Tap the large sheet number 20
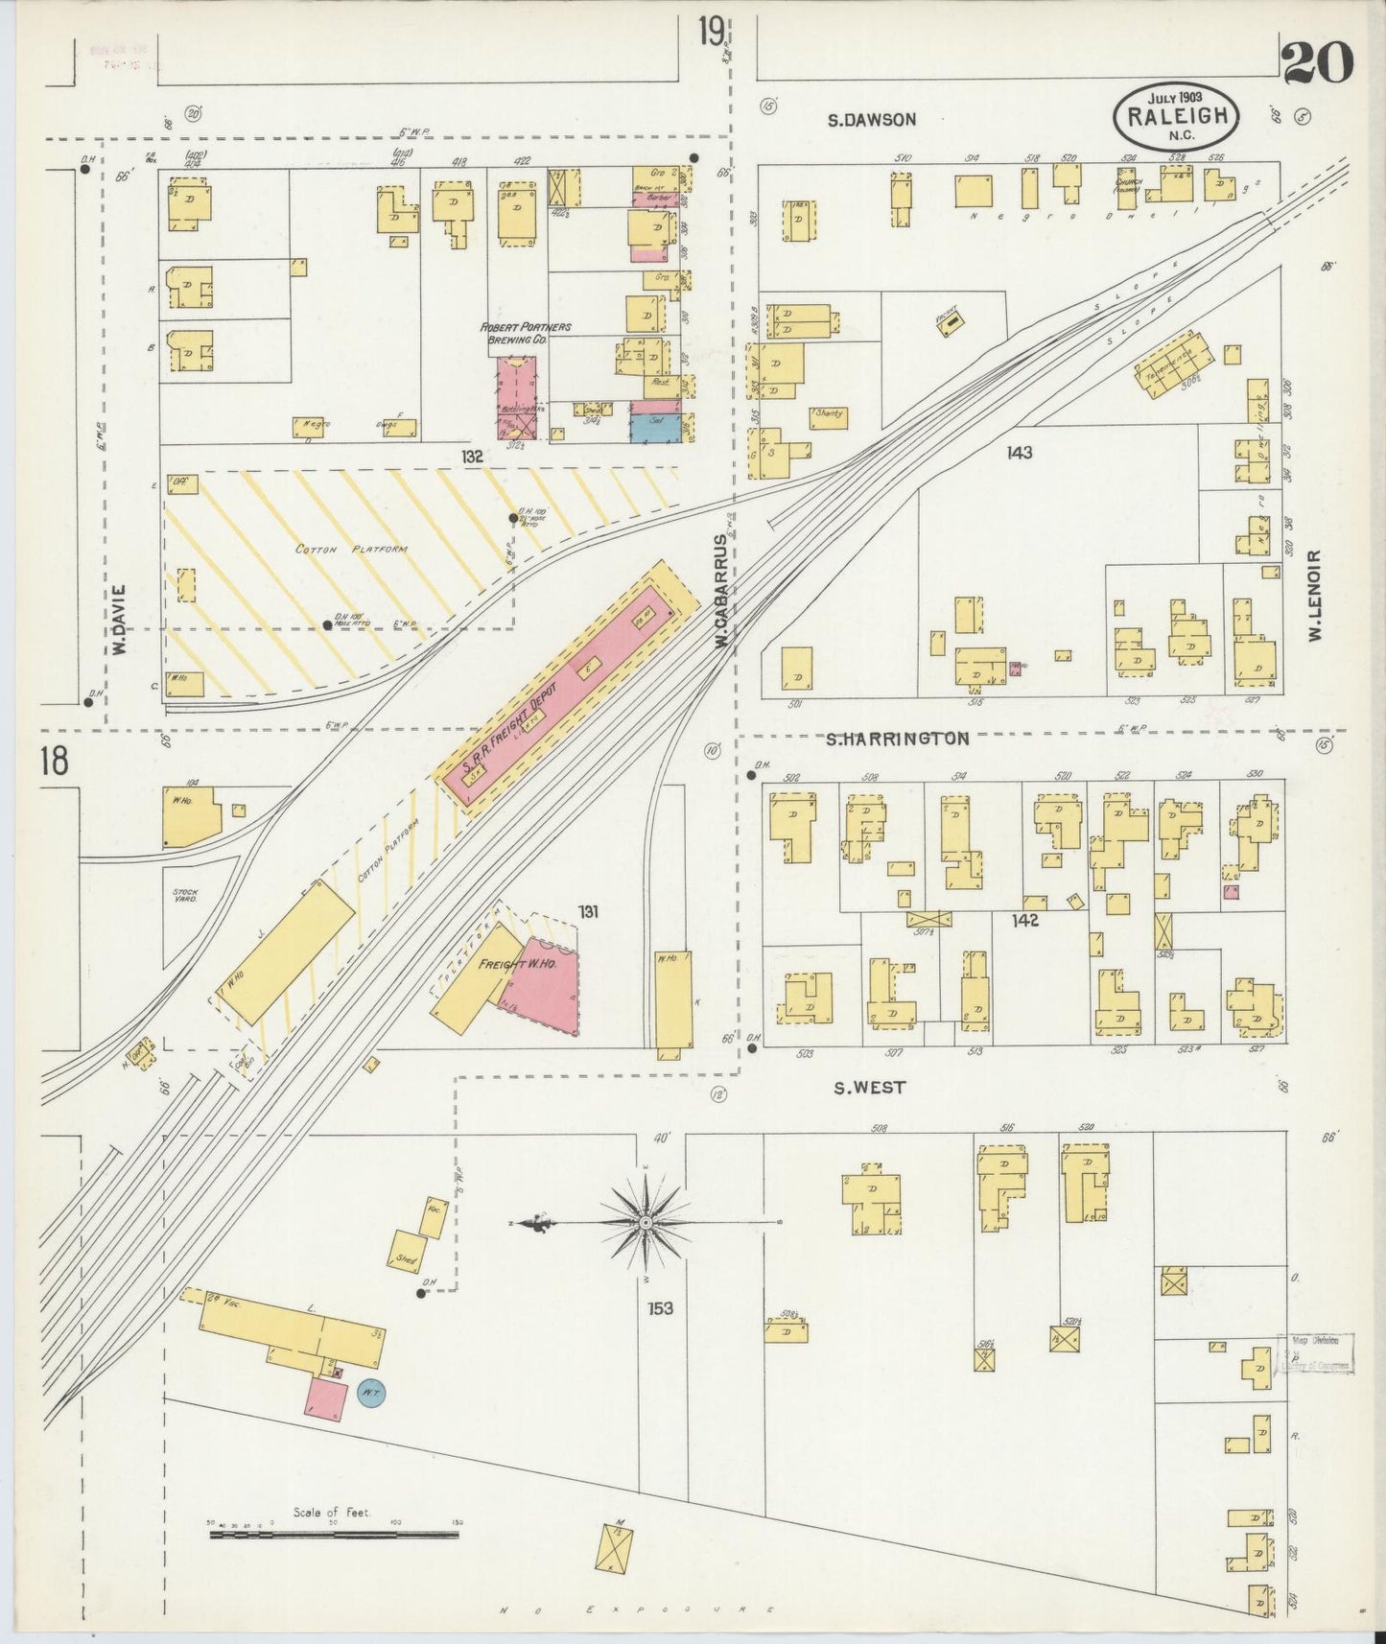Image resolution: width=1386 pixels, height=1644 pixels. (1317, 65)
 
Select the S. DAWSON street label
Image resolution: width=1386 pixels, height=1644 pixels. (872, 120)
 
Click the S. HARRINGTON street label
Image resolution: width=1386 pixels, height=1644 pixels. (899, 739)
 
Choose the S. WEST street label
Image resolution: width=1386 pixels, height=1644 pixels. (868, 1088)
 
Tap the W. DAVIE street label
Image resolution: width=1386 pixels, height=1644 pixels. (121, 620)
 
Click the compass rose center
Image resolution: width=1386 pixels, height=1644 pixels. (646, 1224)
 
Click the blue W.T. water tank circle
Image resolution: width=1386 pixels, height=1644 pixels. (371, 1393)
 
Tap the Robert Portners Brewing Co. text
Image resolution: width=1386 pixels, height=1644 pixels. (526, 333)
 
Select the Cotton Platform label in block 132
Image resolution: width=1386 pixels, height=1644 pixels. (351, 550)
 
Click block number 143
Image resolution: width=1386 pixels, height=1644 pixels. (1019, 452)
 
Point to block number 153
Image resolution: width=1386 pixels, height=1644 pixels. (659, 1308)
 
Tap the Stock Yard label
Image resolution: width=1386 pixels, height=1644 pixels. (184, 897)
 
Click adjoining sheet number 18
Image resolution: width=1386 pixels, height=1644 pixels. (54, 763)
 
